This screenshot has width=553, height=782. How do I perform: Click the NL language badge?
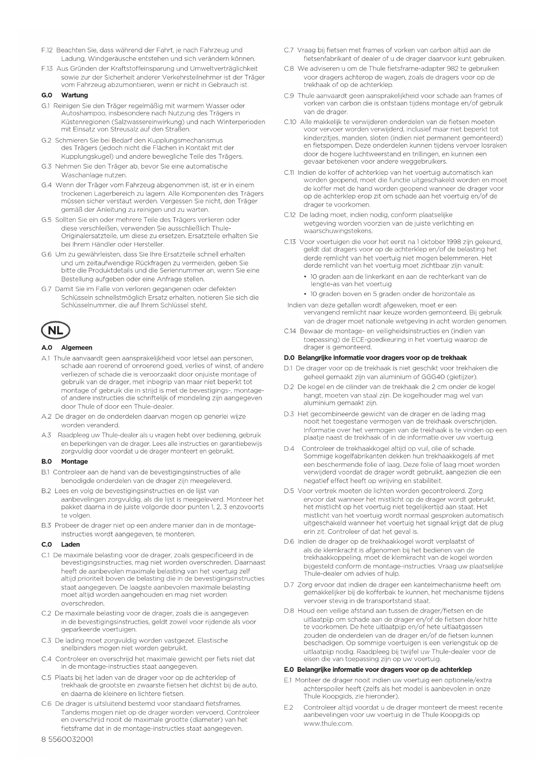click(x=56, y=331)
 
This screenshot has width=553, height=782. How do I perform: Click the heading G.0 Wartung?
click(x=65, y=95)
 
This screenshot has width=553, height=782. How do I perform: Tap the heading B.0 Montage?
click(x=65, y=461)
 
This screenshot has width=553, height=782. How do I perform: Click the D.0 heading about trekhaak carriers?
click(x=375, y=358)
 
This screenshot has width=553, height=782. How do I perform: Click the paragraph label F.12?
click(x=47, y=50)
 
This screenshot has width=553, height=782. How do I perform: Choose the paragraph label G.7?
click(x=46, y=289)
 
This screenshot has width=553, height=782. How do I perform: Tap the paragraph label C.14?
click(x=290, y=331)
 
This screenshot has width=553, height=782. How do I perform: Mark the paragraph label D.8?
click(x=289, y=611)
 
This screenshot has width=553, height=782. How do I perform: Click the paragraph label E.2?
click(x=288, y=707)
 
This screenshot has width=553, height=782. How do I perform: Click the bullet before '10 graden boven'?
click(x=305, y=294)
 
